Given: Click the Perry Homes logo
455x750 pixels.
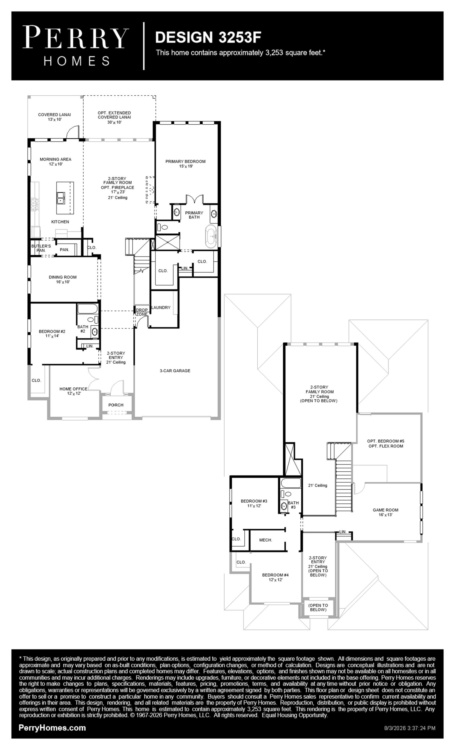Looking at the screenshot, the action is coord(76,46).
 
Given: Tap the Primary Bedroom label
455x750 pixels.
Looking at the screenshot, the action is coord(185,164).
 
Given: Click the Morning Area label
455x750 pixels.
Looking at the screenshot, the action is coord(55,161).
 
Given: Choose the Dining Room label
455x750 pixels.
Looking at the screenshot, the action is coord(63,280).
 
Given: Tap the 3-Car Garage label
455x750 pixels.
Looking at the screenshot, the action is coord(175,371).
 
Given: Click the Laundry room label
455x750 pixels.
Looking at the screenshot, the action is coord(161,307).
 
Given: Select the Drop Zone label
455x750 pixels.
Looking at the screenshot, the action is coord(142,312).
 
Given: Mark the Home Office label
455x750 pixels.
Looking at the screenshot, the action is coord(73,391).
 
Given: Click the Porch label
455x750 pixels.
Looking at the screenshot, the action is coord(116,405).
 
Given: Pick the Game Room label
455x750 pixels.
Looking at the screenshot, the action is coord(385,512).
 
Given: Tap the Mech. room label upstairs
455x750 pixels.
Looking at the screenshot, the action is coord(266,540).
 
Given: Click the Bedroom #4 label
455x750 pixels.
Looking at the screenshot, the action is coord(275,578).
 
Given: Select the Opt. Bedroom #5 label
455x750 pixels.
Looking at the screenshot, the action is coord(386,443).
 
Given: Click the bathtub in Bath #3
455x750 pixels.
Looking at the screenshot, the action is coord(290,483).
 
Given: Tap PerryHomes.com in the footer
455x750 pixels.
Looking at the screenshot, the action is coord(52,728).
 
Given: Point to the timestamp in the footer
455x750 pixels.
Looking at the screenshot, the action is coord(410,728).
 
